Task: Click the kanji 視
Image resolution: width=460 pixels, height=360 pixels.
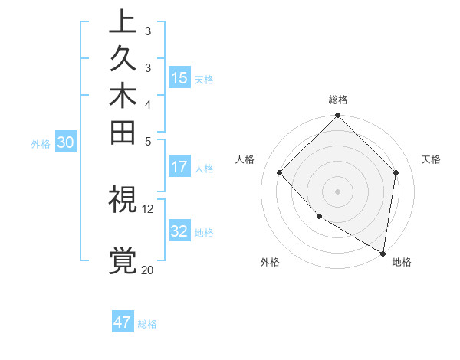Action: tap(123, 200)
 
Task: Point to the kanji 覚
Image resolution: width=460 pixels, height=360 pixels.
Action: tap(123, 260)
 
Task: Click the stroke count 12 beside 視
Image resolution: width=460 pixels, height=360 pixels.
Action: tap(148, 208)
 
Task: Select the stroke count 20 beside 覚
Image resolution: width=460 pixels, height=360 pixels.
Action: tap(148, 270)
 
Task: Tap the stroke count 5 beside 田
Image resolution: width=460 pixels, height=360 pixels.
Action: tap(148, 141)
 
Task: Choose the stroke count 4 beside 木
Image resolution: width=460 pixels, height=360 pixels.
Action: tap(148, 103)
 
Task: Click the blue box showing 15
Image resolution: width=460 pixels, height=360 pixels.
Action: tap(179, 77)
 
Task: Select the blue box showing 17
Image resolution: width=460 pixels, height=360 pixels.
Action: tap(179, 166)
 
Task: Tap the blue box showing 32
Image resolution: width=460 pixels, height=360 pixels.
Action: tap(179, 231)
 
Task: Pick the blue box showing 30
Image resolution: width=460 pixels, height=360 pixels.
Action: tap(65, 142)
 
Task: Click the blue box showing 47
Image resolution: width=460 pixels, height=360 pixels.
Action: tap(123, 322)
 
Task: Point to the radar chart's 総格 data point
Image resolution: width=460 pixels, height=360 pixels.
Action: tap(337, 116)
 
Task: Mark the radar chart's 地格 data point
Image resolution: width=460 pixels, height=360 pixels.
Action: tap(383, 252)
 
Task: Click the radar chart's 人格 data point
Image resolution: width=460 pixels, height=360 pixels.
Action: tap(280, 172)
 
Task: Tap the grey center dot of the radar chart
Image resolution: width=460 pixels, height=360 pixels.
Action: tap(337, 191)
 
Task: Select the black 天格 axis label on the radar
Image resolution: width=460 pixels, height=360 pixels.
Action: tap(431, 159)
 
